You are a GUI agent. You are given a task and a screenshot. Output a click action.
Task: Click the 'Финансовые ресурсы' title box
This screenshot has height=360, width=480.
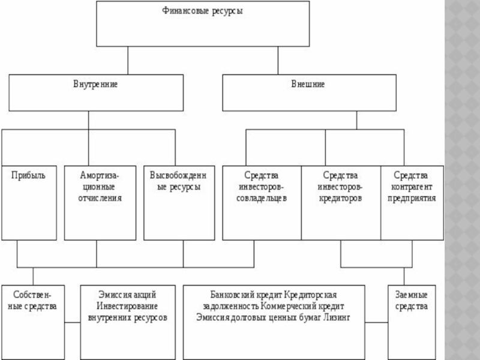[203, 24]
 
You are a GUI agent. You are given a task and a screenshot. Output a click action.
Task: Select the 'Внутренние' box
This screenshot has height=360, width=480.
[96, 92]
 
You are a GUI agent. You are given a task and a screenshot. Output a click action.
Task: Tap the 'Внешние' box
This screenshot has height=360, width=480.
[308, 92]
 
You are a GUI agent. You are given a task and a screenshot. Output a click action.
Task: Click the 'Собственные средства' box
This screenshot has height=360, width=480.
[34, 322]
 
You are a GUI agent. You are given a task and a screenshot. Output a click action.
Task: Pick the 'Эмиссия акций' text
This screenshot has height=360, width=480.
[128, 295]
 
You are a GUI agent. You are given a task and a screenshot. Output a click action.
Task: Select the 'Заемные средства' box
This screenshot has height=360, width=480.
[412, 322]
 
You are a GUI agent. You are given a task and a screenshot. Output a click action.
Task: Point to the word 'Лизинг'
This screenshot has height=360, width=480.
[338, 317]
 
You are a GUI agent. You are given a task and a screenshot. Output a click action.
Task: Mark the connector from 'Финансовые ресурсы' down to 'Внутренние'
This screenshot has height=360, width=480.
[128, 60]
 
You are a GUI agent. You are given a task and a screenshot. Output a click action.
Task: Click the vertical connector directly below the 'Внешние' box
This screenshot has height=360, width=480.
[356, 120]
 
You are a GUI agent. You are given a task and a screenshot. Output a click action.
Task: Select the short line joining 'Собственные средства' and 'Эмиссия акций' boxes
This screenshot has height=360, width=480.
[73, 323]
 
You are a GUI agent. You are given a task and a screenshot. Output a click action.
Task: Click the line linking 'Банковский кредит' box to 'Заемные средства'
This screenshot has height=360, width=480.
[376, 323]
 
